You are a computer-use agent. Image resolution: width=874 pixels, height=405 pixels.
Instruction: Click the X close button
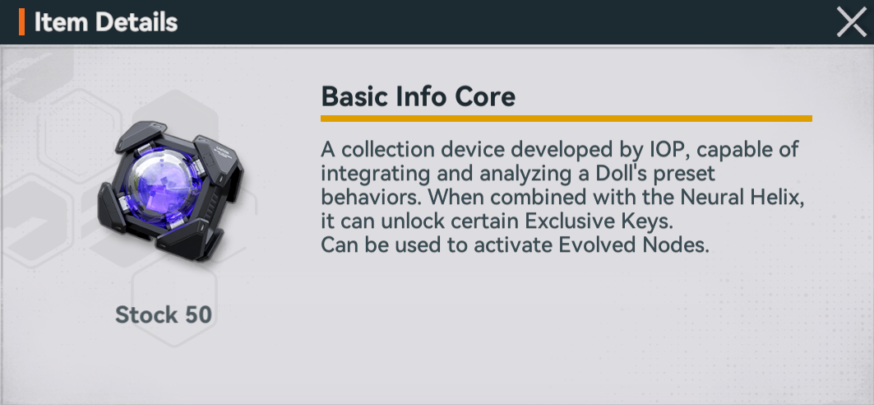[852, 22]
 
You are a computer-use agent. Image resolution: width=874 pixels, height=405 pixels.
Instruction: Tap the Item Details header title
[106, 22]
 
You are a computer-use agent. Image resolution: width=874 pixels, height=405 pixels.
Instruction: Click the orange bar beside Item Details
[21, 22]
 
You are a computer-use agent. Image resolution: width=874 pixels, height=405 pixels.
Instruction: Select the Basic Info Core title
[418, 97]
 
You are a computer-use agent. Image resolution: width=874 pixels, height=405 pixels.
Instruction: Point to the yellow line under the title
[566, 119]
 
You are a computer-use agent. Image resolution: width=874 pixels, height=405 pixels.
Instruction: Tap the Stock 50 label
[164, 315]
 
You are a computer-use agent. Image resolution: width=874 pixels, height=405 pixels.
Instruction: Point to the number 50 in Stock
[198, 315]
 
